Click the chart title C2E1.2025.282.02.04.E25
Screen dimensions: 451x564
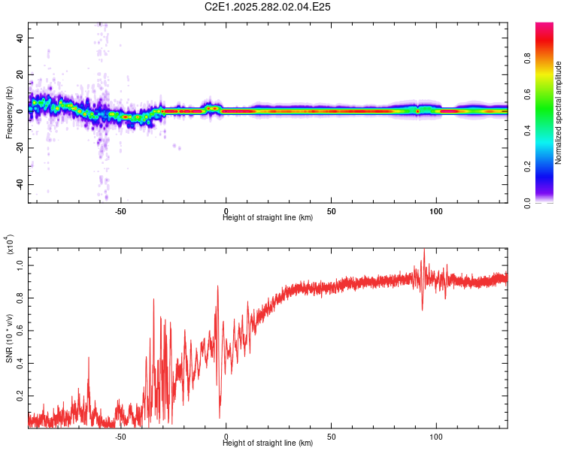[x=268, y=7]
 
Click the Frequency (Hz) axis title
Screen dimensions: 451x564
[x=9, y=113]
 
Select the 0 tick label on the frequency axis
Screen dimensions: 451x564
[x=22, y=110]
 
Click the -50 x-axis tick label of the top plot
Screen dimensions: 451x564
[x=120, y=210]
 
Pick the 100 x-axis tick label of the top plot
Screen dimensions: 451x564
[x=435, y=210]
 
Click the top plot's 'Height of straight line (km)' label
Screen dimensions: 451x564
[x=268, y=218]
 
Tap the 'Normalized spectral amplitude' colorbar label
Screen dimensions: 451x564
[x=558, y=113]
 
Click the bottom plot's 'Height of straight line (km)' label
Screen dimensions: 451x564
[x=268, y=443]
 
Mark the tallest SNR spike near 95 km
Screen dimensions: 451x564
[x=424, y=251]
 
